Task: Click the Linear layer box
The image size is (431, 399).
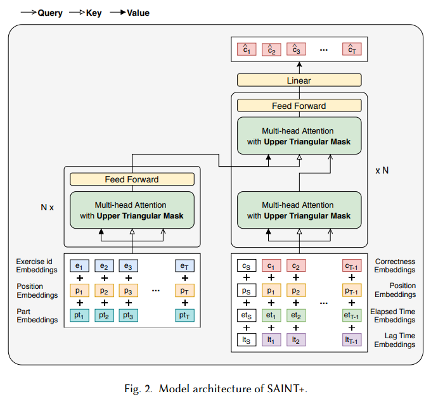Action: coord(299,80)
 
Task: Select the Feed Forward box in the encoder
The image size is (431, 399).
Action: coord(132,179)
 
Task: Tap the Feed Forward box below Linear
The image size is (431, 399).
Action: coord(299,106)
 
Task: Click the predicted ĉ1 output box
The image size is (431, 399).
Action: coord(247,49)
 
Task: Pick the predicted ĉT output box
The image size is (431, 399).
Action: coord(352,49)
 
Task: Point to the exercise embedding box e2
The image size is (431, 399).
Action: coord(104,266)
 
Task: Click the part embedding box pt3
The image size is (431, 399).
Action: coord(129,315)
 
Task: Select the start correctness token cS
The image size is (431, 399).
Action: coord(247,265)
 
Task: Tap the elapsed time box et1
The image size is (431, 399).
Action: coord(271,315)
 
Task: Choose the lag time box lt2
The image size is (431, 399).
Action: coord(296,340)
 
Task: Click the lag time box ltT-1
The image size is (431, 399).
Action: coord(352,340)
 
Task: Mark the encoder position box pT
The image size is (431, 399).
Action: coord(184,291)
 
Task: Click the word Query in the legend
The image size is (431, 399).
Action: coord(50,13)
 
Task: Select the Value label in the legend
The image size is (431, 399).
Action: coord(138,13)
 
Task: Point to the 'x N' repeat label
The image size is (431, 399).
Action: coord(382,170)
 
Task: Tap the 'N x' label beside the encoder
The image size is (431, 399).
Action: coord(48,207)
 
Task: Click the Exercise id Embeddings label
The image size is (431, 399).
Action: coord(37,265)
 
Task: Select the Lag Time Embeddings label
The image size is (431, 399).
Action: coord(395,340)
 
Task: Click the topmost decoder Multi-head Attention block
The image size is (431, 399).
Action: coord(299,136)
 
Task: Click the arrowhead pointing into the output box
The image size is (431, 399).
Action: coord(299,65)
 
